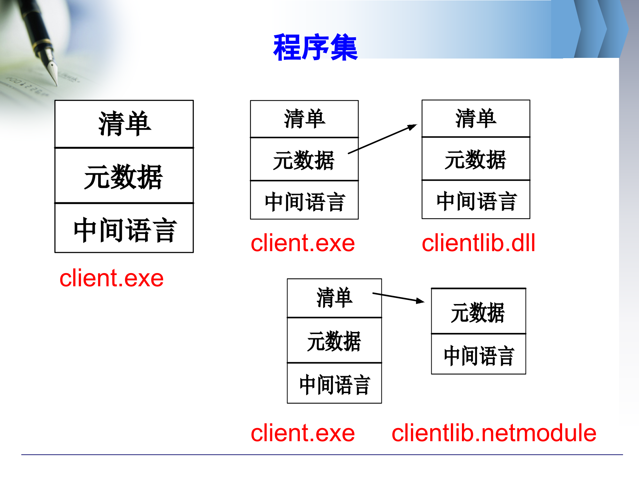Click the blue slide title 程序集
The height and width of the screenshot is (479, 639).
[x=315, y=48]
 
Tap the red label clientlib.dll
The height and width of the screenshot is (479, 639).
[x=478, y=243]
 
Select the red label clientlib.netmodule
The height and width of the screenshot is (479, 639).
[x=494, y=433]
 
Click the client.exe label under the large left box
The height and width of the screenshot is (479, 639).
[x=111, y=278]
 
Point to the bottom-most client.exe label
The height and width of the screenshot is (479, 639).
[x=303, y=433]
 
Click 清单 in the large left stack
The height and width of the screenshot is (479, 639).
[x=124, y=124]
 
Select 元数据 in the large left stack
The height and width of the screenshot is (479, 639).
[x=123, y=177]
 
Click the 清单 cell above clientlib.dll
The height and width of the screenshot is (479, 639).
[x=476, y=118]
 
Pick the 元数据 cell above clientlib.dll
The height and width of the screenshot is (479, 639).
[x=476, y=160]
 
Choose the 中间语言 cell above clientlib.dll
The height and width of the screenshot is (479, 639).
[x=476, y=201]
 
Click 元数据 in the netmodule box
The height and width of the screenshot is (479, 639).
[x=478, y=312]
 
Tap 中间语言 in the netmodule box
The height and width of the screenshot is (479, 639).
[x=479, y=356]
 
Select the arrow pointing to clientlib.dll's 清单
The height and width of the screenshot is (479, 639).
[x=383, y=139]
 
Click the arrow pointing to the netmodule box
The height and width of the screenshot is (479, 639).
[x=398, y=297]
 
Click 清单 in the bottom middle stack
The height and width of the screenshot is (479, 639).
[x=334, y=298]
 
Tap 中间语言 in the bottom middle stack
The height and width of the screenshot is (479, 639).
[x=334, y=385]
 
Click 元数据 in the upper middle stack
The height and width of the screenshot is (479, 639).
[x=304, y=160]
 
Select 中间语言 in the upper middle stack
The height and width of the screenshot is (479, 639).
[x=304, y=202]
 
